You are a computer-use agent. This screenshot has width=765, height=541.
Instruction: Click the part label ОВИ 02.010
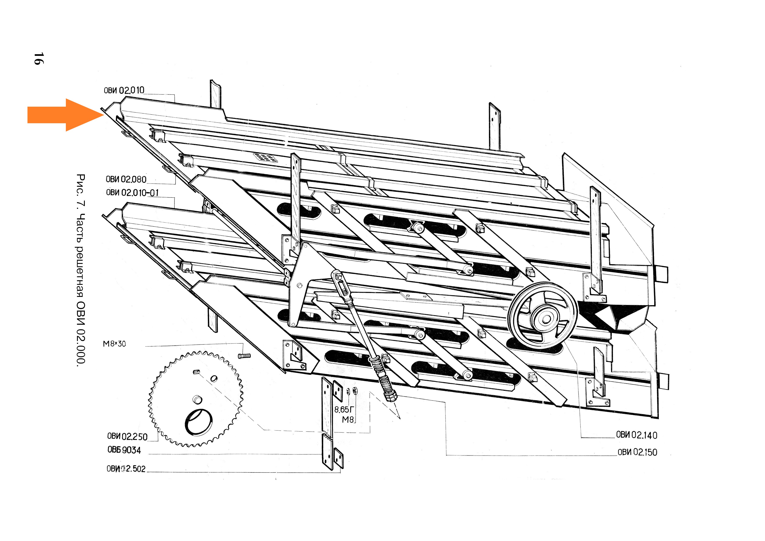pos(124,90)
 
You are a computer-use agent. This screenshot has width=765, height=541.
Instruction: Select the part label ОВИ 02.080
pos(126,180)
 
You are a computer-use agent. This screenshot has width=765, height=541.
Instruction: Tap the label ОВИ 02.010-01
pos(132,193)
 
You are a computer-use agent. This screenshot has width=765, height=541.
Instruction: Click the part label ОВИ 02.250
pos(127,436)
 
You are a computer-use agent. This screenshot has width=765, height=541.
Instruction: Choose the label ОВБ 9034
pos(124,450)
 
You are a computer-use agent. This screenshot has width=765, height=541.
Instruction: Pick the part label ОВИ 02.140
pos(636,435)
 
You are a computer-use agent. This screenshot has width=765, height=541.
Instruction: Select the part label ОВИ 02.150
pos(637,452)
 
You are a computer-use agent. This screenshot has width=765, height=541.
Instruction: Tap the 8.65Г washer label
pos(344,409)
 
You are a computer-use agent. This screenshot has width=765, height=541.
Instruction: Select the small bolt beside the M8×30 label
pos(244,356)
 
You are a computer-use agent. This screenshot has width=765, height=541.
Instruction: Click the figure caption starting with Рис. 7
pos(81,270)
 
